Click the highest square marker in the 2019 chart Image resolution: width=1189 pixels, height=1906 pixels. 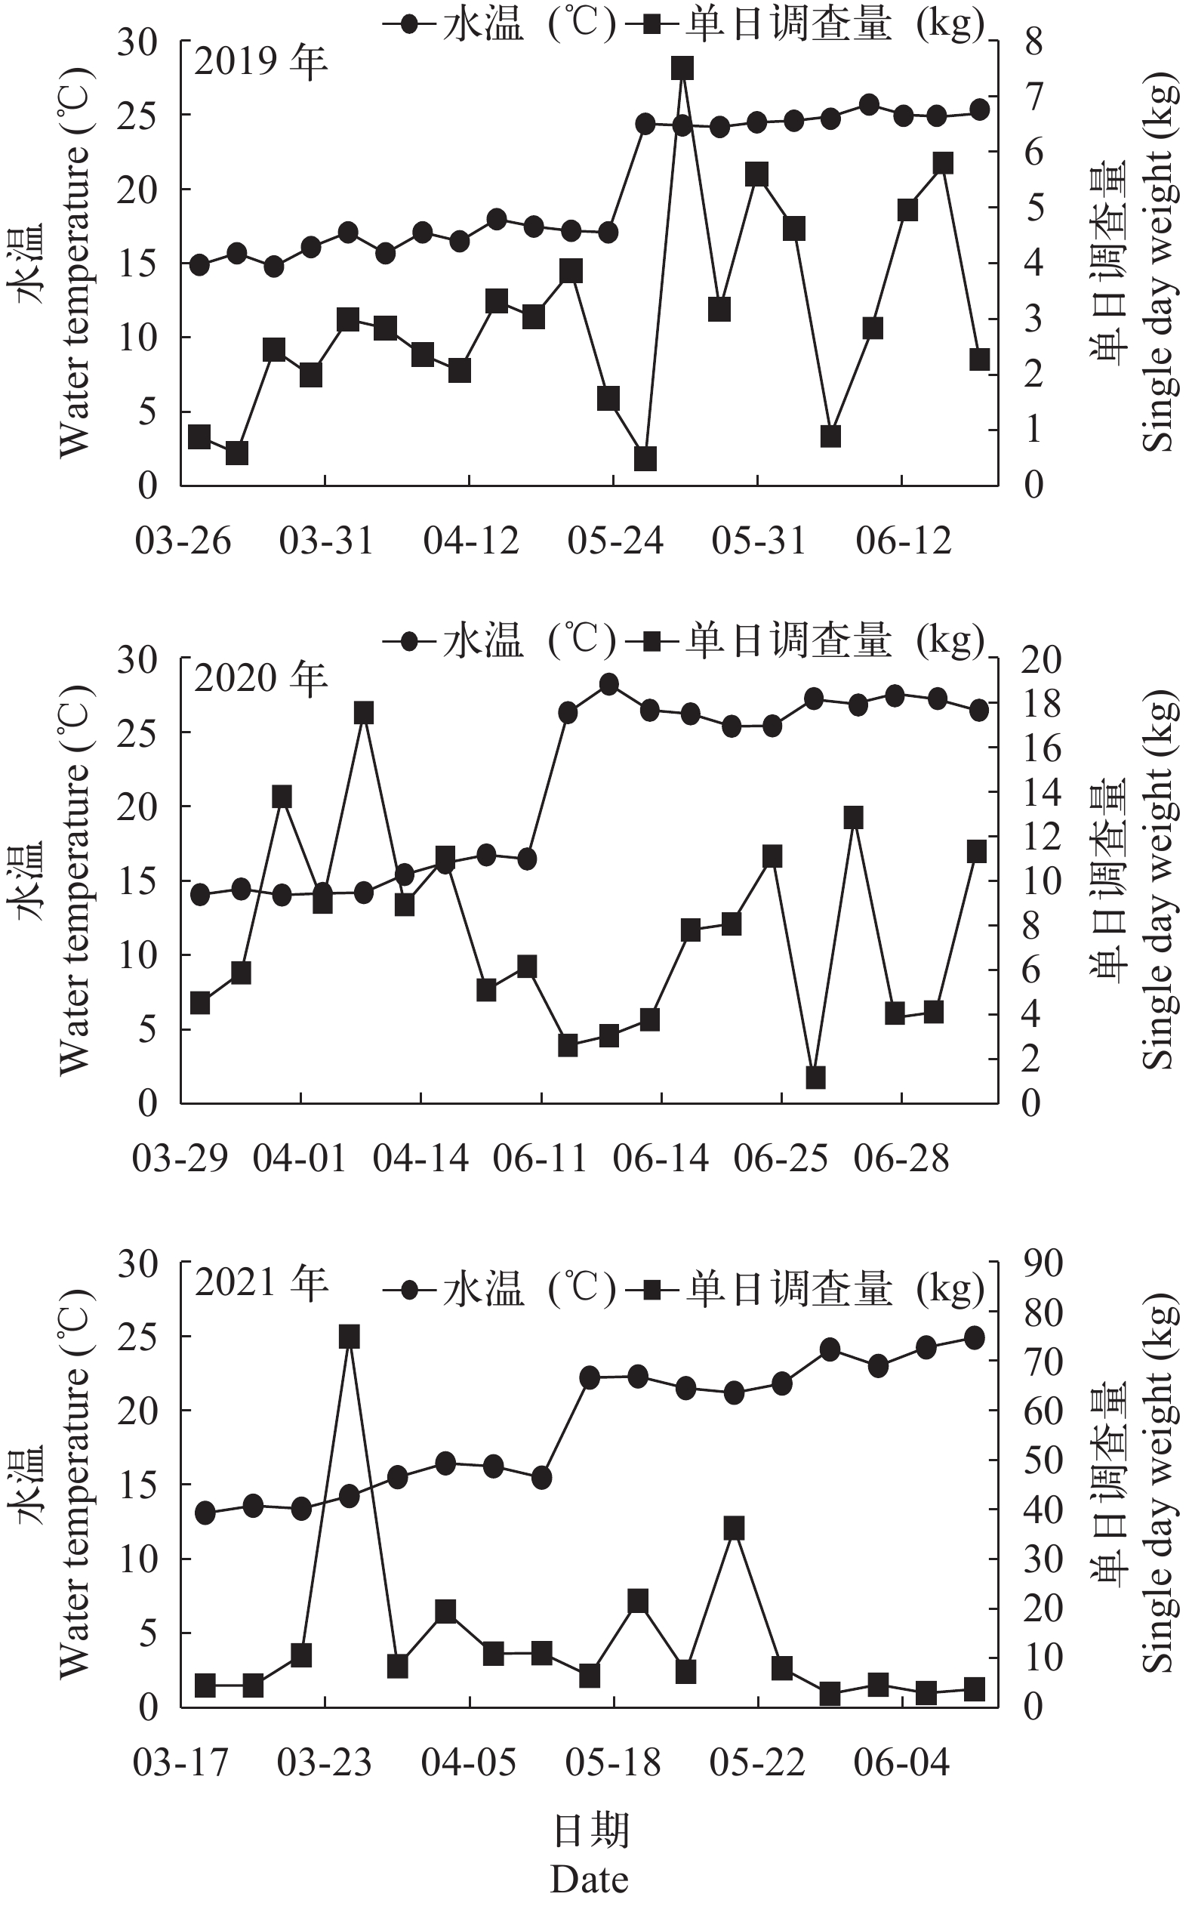pyautogui.click(x=682, y=69)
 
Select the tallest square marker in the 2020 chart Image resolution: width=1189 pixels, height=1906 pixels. pyautogui.click(x=363, y=714)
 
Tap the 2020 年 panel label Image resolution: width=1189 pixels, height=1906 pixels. pyautogui.click(x=261, y=678)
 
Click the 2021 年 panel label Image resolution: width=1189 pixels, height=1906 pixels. pyautogui.click(x=261, y=1283)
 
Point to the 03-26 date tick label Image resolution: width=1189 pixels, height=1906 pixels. pyautogui.click(x=183, y=541)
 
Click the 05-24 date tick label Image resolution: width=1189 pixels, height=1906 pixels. pyautogui.click(x=615, y=541)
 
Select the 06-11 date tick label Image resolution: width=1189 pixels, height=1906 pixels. pyautogui.click(x=541, y=1158)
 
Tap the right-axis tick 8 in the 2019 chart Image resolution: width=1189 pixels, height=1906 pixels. pyautogui.click(x=1033, y=41)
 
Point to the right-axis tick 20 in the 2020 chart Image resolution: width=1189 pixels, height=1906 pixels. pyautogui.click(x=1041, y=659)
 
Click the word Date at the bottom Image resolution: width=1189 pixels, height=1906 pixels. pyautogui.click(x=589, y=1880)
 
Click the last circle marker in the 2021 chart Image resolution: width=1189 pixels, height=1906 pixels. pyautogui.click(x=974, y=1337)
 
